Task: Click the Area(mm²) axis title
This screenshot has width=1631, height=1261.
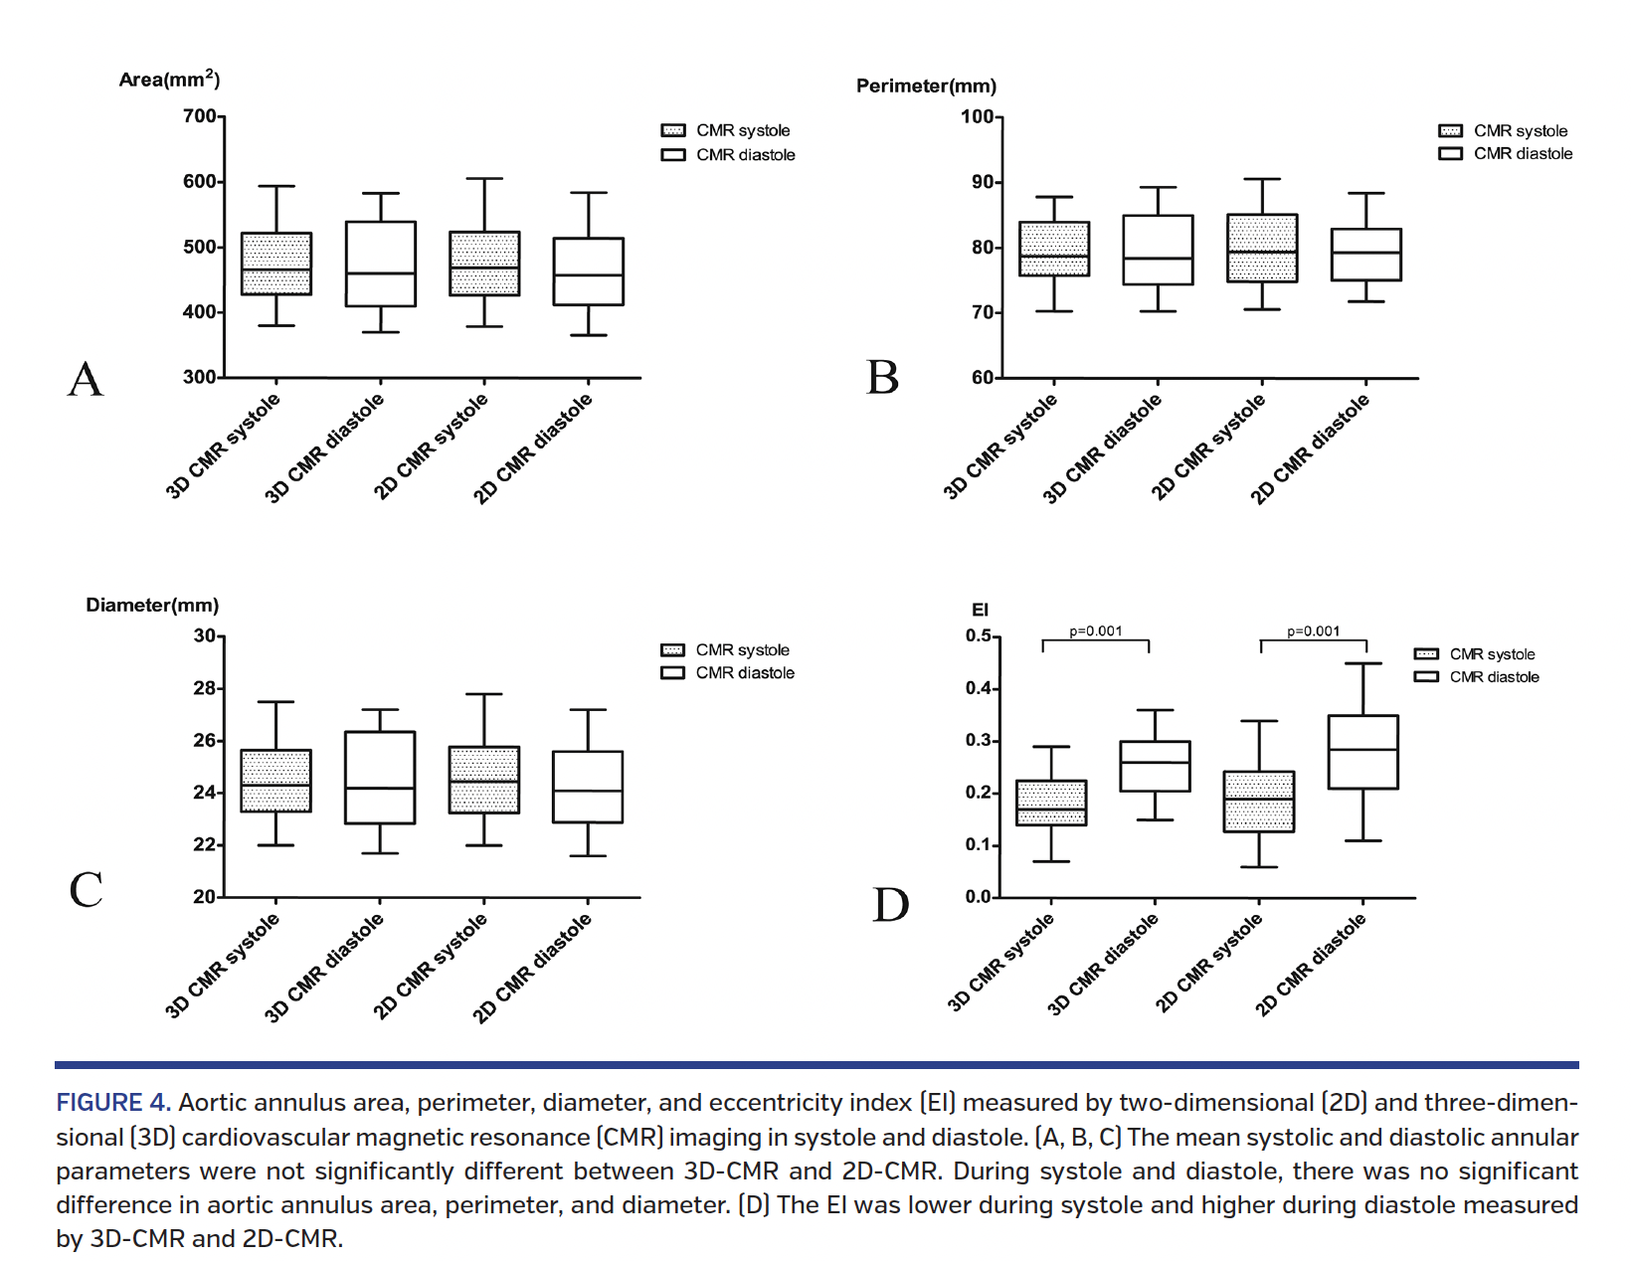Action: click(169, 80)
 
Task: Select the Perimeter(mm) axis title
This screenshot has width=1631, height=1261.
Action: click(926, 87)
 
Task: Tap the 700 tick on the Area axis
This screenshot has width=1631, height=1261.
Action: click(200, 116)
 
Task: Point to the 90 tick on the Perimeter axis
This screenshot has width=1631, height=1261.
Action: click(982, 182)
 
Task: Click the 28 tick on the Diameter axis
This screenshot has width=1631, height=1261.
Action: click(204, 688)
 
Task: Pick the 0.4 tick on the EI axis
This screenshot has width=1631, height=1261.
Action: click(978, 688)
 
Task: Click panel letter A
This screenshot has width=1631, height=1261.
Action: click(86, 379)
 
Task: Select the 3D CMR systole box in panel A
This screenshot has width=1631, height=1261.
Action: click(276, 264)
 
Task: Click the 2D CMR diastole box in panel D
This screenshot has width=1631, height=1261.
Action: click(1363, 752)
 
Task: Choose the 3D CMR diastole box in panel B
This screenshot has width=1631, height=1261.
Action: click(1159, 250)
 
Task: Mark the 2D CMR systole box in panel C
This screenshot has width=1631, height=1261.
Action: click(484, 780)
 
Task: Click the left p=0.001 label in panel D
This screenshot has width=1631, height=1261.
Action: click(1096, 631)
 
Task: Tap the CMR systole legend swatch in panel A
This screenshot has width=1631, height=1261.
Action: click(673, 130)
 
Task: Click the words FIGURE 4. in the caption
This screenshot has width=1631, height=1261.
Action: click(113, 1103)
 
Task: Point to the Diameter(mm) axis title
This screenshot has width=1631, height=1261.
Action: click(152, 606)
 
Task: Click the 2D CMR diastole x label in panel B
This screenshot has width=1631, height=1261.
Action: click(1311, 449)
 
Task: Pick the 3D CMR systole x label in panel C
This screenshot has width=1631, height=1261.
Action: click(223, 966)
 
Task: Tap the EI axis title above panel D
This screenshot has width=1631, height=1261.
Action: click(980, 611)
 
